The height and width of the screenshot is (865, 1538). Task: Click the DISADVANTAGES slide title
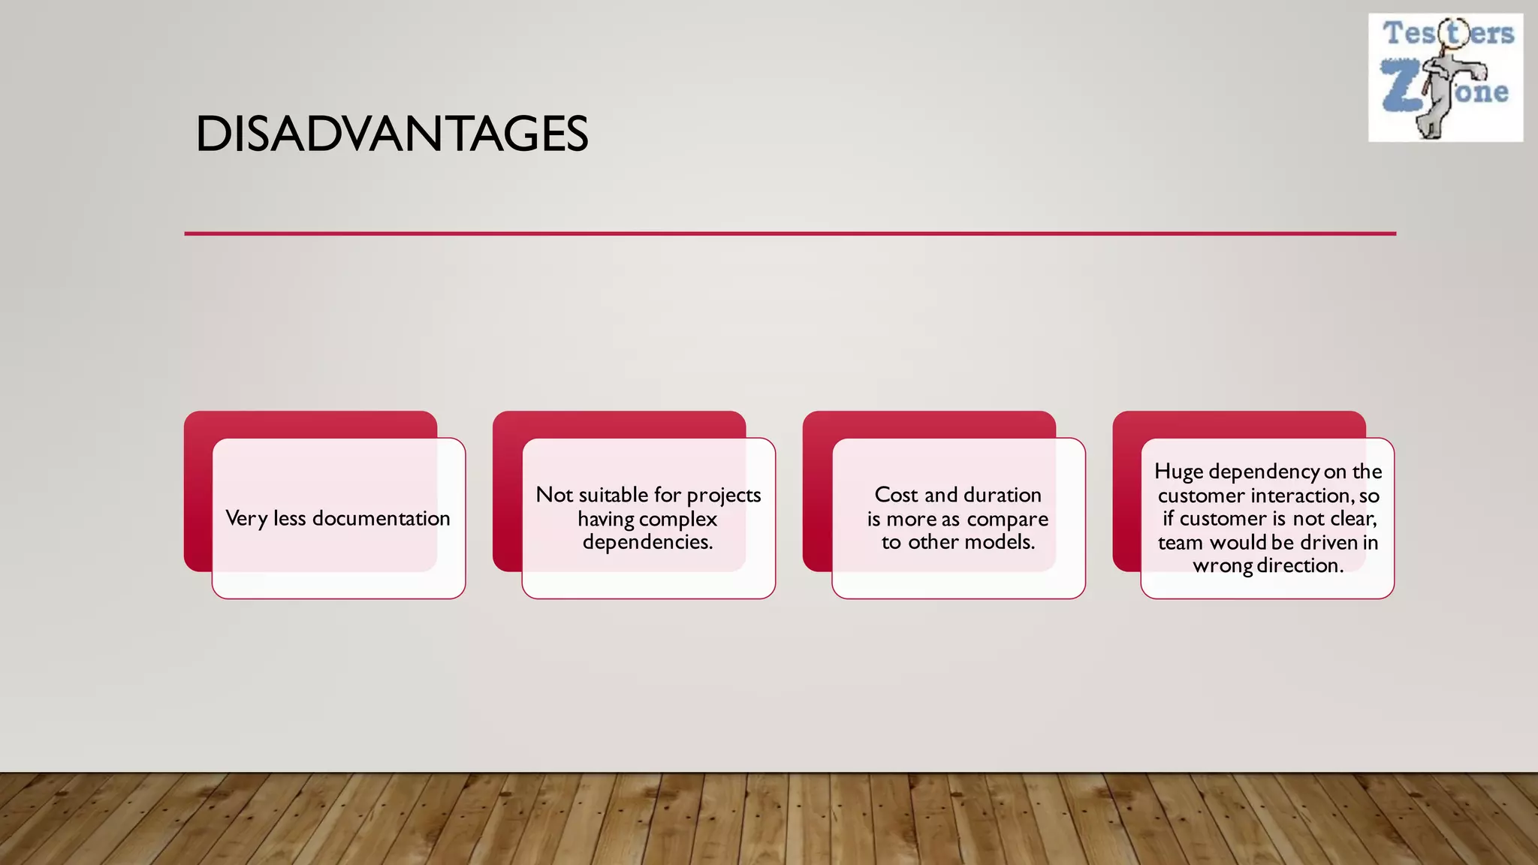(x=391, y=134)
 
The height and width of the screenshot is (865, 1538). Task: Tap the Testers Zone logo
(x=1446, y=77)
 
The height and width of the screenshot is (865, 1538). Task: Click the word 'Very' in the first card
(x=246, y=518)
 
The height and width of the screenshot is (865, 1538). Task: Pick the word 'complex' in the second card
(x=678, y=519)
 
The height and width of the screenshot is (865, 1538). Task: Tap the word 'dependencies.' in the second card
(x=647, y=542)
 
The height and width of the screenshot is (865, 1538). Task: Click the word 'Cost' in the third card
(x=896, y=495)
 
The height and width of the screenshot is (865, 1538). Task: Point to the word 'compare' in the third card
(x=1007, y=519)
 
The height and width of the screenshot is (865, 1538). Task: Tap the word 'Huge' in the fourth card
(x=1178, y=472)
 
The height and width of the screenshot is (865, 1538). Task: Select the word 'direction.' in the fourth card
(x=1301, y=565)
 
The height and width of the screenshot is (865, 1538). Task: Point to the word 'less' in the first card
(x=289, y=518)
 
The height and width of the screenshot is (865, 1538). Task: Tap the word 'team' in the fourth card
(x=1180, y=542)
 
